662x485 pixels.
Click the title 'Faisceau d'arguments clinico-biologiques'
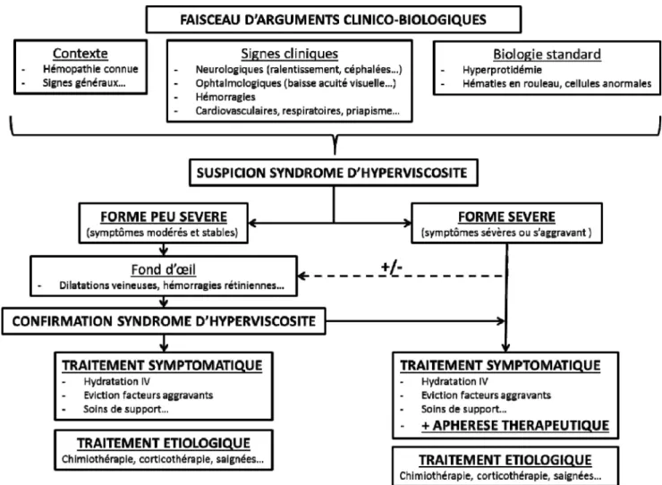pos(333,20)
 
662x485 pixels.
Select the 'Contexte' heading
pos(81,54)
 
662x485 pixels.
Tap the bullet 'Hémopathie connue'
pos(90,69)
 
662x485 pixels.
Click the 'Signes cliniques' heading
pos(290,54)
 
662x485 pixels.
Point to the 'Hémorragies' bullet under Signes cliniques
pos(225,97)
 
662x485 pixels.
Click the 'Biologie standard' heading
pos(547,55)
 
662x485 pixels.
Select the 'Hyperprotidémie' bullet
pos(502,70)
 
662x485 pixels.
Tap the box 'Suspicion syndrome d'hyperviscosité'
pos(334,173)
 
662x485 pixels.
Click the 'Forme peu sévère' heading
pos(164,217)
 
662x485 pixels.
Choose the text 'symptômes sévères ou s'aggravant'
pos(505,233)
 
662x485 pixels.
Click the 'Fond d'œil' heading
pos(164,269)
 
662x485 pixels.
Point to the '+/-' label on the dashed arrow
pos(391,267)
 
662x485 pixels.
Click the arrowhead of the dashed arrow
pos(301,276)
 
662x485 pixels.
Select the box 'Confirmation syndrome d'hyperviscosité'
pos(164,321)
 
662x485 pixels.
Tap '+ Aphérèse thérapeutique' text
pos(515,425)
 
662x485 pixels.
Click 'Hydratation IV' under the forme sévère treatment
pos(454,381)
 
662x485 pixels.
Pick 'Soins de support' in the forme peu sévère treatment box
pos(126,409)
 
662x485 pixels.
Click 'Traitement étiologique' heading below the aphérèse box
pos(505,460)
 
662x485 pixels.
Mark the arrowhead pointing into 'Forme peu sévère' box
pos(252,223)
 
